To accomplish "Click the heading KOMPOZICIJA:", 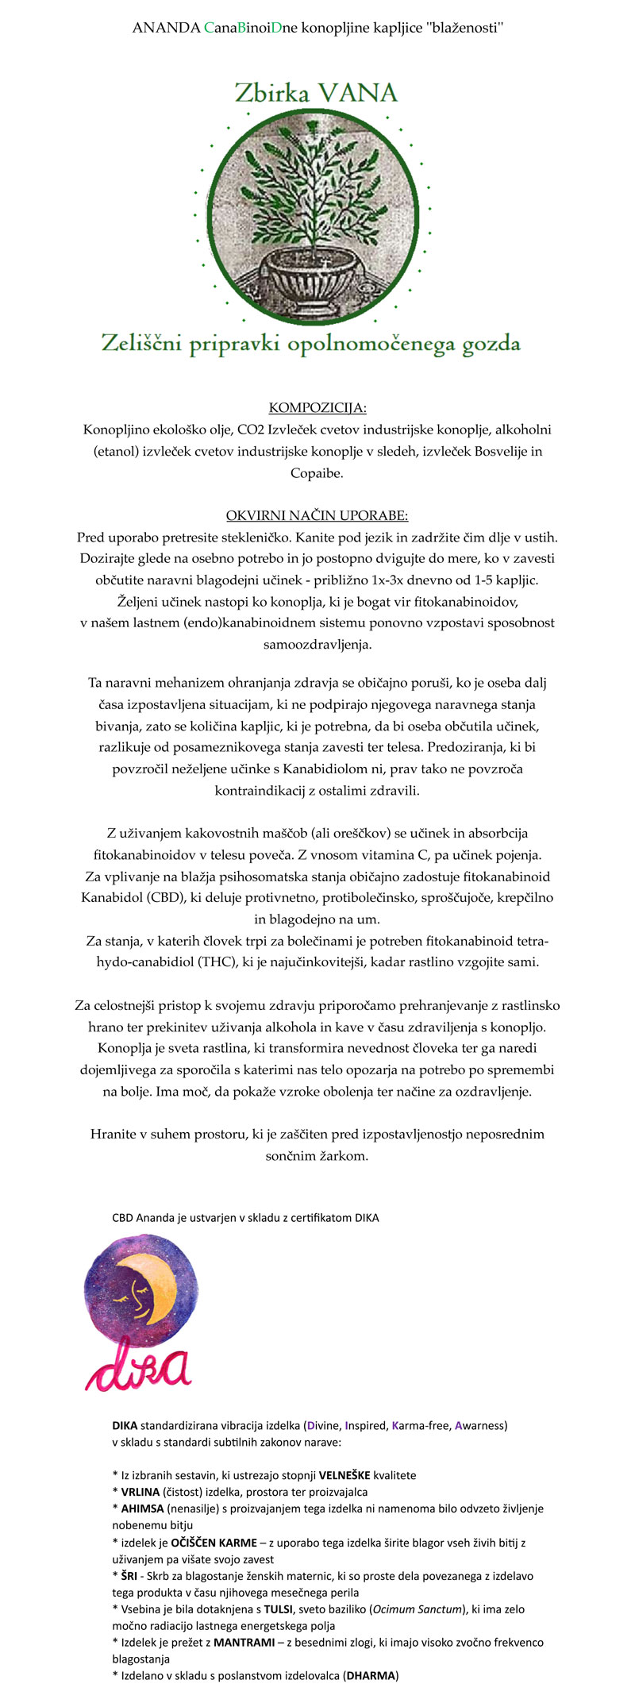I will tap(317, 408).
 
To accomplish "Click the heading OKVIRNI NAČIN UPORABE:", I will tap(317, 515).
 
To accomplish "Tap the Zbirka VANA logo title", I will tap(316, 94).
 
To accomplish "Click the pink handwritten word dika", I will tap(138, 1366).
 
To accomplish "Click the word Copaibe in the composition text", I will tap(317, 473).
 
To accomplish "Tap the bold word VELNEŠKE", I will tap(344, 1475).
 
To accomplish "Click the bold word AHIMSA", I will tap(142, 1509).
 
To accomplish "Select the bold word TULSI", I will tap(279, 1609).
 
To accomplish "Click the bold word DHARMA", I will tap(371, 1676).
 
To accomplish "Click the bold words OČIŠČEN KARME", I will tap(214, 1543).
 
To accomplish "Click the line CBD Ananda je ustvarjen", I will tap(245, 1217).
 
